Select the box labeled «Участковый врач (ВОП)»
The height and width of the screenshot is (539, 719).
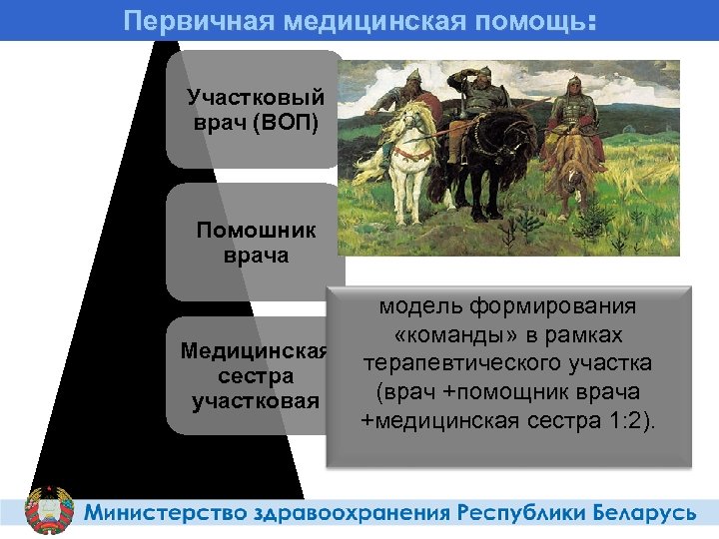pos(255,110)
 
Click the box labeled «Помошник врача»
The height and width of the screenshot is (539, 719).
pos(255,243)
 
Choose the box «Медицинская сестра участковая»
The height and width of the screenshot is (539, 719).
pos(255,376)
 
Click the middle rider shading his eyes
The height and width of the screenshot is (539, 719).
pos(482,100)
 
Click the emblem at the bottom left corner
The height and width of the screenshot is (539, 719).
pos(48,510)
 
